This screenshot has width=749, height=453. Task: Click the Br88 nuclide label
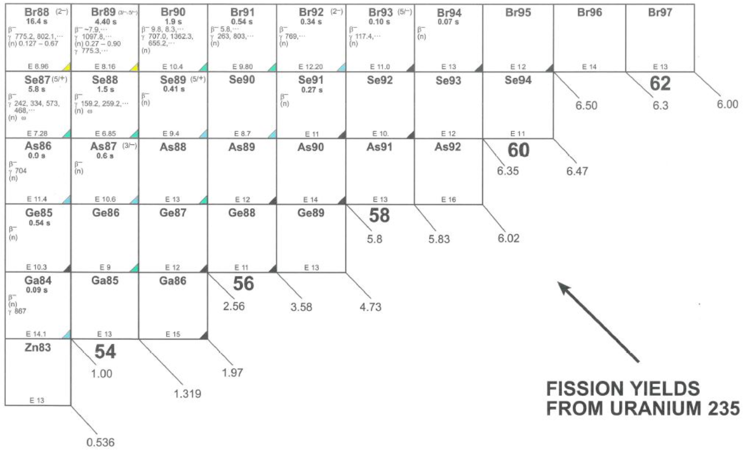click(37, 12)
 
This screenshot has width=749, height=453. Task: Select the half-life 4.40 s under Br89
click(106, 22)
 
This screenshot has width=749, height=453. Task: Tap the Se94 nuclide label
click(518, 80)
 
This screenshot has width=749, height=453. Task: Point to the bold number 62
click(660, 84)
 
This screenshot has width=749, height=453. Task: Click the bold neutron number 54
click(105, 352)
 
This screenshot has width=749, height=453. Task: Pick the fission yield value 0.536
click(100, 442)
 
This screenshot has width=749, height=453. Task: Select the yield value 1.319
click(187, 393)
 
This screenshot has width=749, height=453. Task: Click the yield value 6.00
click(727, 104)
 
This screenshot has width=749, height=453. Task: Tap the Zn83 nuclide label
click(38, 348)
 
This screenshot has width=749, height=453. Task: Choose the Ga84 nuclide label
click(38, 280)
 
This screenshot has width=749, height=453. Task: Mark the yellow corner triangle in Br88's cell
click(67, 67)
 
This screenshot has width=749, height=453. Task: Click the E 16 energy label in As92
click(448, 200)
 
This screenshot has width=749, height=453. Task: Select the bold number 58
click(379, 216)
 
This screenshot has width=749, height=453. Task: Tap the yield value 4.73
click(370, 307)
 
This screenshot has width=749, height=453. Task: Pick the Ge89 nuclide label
click(311, 213)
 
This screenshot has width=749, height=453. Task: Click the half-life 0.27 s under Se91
click(311, 90)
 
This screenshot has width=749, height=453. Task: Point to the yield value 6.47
click(577, 171)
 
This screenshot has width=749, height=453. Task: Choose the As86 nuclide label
click(38, 147)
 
